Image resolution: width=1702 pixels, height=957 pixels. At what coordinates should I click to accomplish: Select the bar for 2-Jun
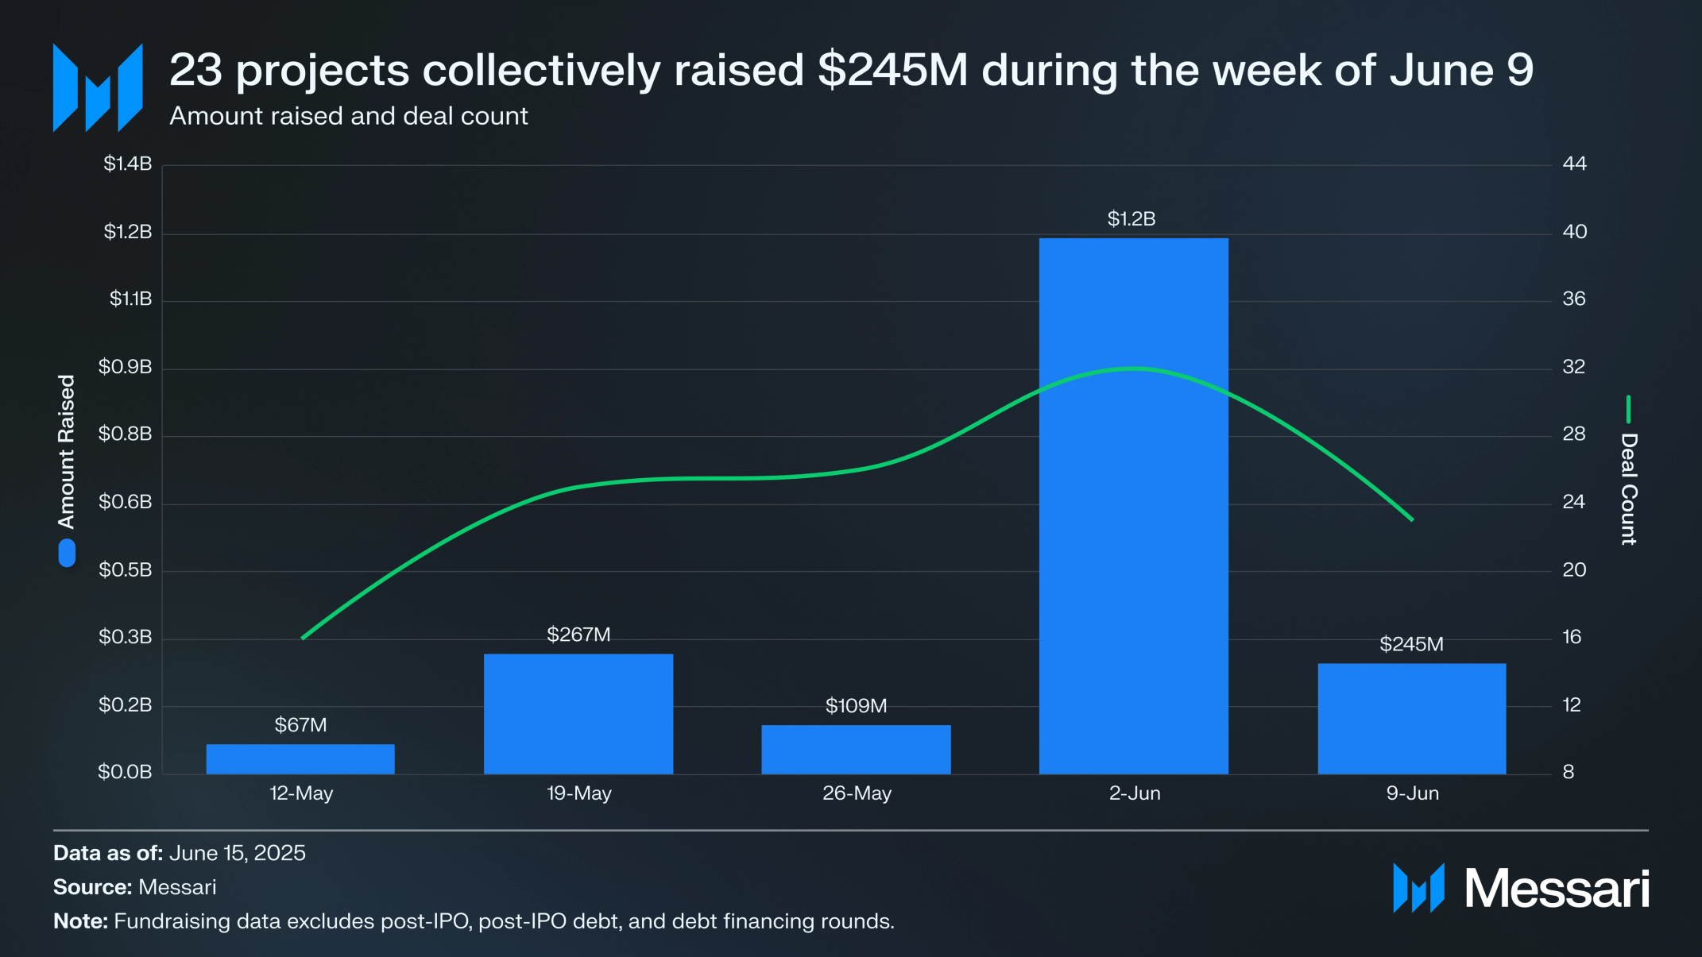point(1134,506)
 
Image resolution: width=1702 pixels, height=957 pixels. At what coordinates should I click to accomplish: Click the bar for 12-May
point(300,759)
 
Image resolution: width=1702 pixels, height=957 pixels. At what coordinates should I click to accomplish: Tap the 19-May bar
point(578,714)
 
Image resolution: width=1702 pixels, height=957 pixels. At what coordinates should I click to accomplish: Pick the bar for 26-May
point(856,750)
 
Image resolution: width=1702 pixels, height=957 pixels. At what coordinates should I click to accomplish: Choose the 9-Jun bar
point(1412,719)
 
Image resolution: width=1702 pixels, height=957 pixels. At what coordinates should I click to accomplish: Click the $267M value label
point(578,635)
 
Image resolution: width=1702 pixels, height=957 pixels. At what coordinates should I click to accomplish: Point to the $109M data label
point(856,706)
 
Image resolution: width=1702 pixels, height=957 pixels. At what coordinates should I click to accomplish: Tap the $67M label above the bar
point(300,725)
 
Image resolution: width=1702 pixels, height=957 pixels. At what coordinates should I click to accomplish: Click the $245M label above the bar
point(1411,644)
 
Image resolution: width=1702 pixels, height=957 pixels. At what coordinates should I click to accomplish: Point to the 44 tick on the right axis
point(1574,164)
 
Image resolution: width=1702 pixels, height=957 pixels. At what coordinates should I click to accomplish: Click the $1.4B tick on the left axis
point(127,164)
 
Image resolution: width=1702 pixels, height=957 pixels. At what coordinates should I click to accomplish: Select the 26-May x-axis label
point(857,793)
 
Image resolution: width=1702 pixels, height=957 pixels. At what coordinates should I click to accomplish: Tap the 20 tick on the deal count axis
point(1574,569)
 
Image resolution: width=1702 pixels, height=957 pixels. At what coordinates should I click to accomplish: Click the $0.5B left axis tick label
point(125,569)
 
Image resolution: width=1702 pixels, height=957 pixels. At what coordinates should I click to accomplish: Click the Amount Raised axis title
point(66,451)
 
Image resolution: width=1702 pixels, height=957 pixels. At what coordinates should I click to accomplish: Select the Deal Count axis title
point(1629,489)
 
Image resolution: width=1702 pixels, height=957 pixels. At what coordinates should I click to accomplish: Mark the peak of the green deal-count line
point(1136,368)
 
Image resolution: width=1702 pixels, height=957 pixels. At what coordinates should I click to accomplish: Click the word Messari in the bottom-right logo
point(1557,889)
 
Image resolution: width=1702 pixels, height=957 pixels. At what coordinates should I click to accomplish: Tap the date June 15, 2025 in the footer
point(238,853)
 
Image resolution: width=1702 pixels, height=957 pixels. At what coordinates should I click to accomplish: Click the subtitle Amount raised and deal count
point(349,116)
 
